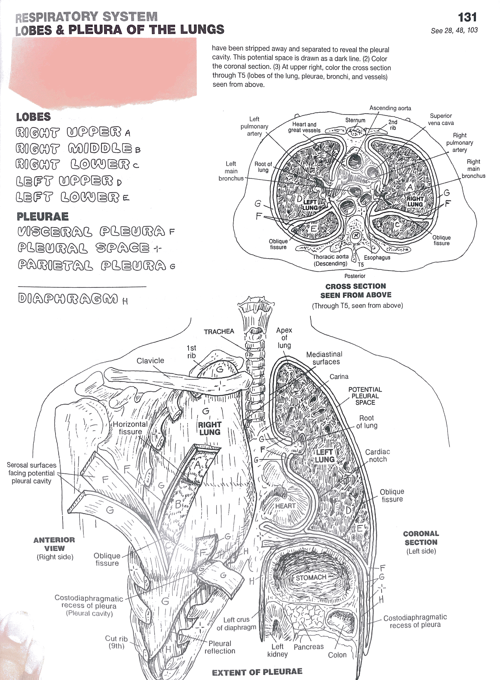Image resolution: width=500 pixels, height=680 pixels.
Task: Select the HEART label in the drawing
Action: [285, 506]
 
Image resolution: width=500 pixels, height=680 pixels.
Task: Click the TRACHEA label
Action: [219, 332]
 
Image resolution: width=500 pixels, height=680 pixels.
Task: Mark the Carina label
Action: [339, 377]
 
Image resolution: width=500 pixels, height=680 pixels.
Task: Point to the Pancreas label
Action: [308, 647]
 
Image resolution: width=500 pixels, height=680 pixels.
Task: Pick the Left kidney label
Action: [277, 650]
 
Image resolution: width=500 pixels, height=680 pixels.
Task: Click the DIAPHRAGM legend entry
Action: [68, 299]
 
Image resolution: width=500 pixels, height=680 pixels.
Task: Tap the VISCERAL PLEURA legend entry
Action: [91, 232]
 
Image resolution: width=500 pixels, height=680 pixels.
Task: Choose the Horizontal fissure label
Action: [131, 428]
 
